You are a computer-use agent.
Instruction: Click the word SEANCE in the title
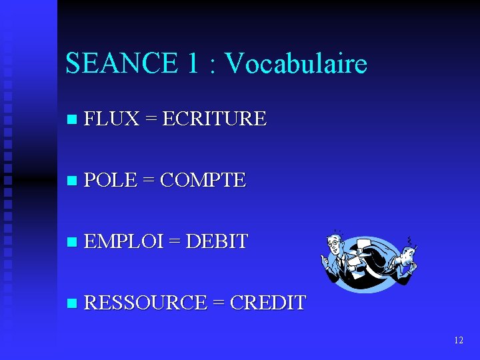coord(122,63)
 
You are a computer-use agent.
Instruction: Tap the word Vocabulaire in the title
coord(296,63)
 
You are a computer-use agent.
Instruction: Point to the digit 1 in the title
coord(193,63)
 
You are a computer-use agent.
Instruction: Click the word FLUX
coord(112,119)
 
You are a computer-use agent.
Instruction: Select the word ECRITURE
coord(214,119)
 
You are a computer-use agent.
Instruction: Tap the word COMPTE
coord(203,180)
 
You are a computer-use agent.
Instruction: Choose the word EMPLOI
coord(124,241)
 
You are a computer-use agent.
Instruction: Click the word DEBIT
coord(217,241)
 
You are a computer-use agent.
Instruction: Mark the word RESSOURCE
coord(146,303)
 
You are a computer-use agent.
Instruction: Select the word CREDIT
coord(267,303)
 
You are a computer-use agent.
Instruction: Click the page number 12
coord(458,340)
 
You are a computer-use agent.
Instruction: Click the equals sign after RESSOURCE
coord(218,303)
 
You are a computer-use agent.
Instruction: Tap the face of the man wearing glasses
coord(333,245)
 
